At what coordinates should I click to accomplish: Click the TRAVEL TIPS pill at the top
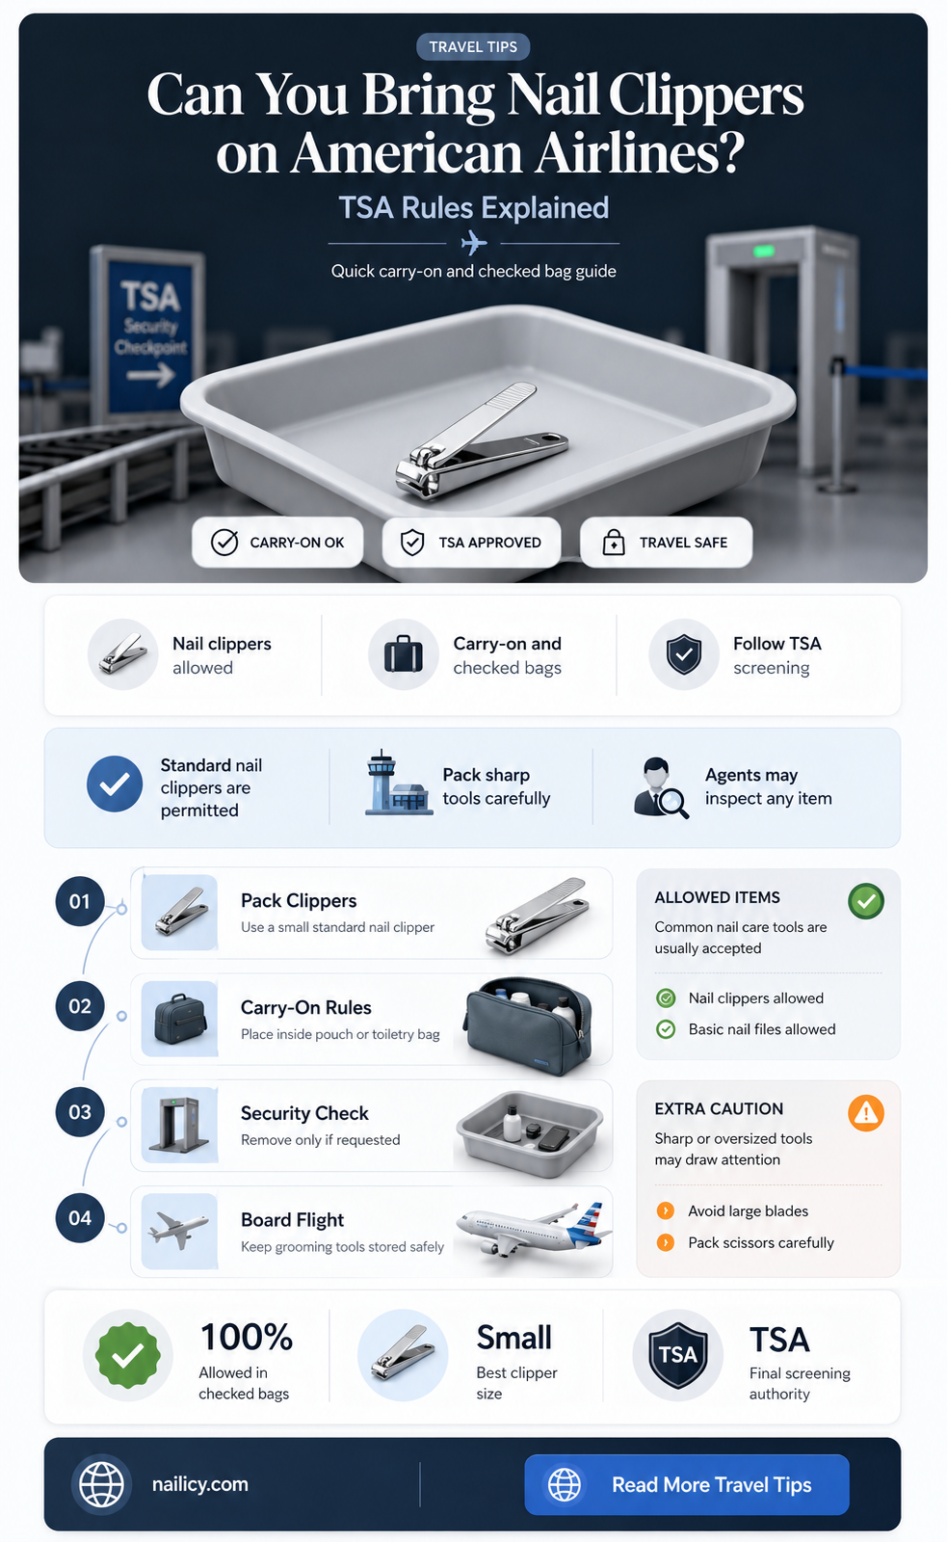[473, 47]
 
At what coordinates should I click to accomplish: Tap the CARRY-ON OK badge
[277, 543]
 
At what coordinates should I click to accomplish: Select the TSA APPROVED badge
[471, 543]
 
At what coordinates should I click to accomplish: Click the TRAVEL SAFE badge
[666, 543]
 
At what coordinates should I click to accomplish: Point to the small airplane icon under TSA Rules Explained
[474, 243]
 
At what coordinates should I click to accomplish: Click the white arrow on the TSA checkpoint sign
[150, 375]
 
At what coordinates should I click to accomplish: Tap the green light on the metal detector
[763, 252]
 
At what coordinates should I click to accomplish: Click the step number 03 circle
[80, 1112]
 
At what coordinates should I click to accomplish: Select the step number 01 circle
[80, 901]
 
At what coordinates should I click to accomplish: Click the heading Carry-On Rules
[305, 1008]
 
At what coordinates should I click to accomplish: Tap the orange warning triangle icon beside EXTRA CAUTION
[866, 1113]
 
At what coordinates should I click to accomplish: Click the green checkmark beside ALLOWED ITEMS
[866, 901]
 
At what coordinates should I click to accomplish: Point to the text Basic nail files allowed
[762, 1029]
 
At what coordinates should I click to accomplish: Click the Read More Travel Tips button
[686, 1484]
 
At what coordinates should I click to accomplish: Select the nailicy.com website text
[200, 1484]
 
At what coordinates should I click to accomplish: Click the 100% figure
[247, 1337]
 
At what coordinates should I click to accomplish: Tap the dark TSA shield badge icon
[678, 1355]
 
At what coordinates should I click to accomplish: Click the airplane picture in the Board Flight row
[532, 1231]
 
